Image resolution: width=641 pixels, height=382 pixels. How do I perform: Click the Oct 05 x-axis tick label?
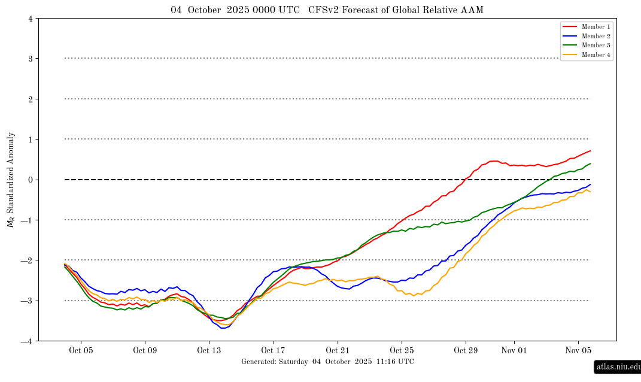[x=80, y=351]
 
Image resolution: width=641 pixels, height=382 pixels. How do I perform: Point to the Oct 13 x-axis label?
[x=209, y=351]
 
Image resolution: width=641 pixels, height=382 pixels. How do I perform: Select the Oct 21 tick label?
[x=338, y=351]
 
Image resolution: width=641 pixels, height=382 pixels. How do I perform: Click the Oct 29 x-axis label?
[x=466, y=351]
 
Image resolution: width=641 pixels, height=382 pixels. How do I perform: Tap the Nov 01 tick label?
[x=514, y=351]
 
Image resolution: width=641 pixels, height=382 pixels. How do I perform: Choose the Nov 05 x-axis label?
[x=579, y=351]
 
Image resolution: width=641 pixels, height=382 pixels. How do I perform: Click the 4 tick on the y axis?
[x=30, y=19]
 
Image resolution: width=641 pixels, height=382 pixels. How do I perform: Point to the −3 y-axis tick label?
[x=28, y=301]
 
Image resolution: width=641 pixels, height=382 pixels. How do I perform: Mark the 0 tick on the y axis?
[x=30, y=180]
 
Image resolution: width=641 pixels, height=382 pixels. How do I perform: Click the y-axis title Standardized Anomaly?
[x=11, y=180]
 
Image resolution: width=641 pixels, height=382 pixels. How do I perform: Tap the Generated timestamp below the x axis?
[x=327, y=362]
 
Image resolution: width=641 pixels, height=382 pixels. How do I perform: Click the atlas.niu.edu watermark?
[x=618, y=366]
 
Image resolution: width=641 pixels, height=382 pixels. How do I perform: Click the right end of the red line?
[x=590, y=151]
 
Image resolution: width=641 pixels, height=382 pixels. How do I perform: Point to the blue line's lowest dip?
[x=223, y=328]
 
